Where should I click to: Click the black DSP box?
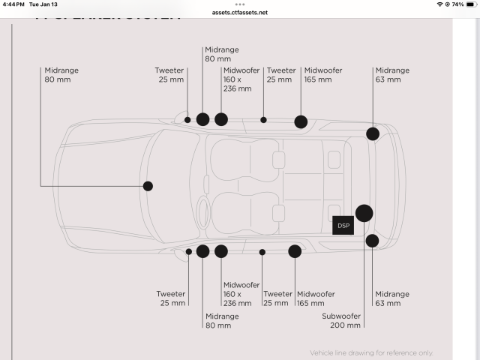(343, 225)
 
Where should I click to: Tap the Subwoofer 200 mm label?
(342, 320)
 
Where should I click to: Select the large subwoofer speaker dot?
(364, 213)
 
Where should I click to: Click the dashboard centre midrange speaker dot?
(148, 186)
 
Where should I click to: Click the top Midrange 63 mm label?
(392, 74)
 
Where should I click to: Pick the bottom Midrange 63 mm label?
(392, 298)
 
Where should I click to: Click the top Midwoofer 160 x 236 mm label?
(241, 79)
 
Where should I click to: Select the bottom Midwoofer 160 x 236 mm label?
(241, 294)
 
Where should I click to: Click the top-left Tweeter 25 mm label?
(169, 74)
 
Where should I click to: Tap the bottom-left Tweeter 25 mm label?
(171, 298)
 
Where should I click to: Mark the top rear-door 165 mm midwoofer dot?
(301, 121)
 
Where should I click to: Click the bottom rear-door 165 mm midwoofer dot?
(295, 251)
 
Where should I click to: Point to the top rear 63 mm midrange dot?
(373, 133)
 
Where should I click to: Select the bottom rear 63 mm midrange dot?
(372, 241)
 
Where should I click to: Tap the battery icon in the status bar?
(471, 4)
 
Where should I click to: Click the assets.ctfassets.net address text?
(240, 13)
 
